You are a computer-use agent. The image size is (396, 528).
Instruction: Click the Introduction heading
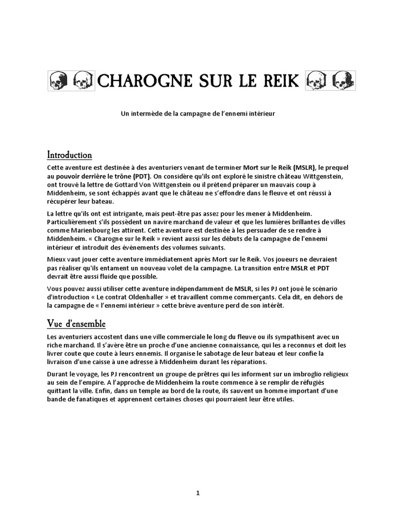pos(70,155)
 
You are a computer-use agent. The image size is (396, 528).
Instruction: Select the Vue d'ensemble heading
pos(76,324)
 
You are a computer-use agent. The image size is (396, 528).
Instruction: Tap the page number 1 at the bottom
pos(198,492)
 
